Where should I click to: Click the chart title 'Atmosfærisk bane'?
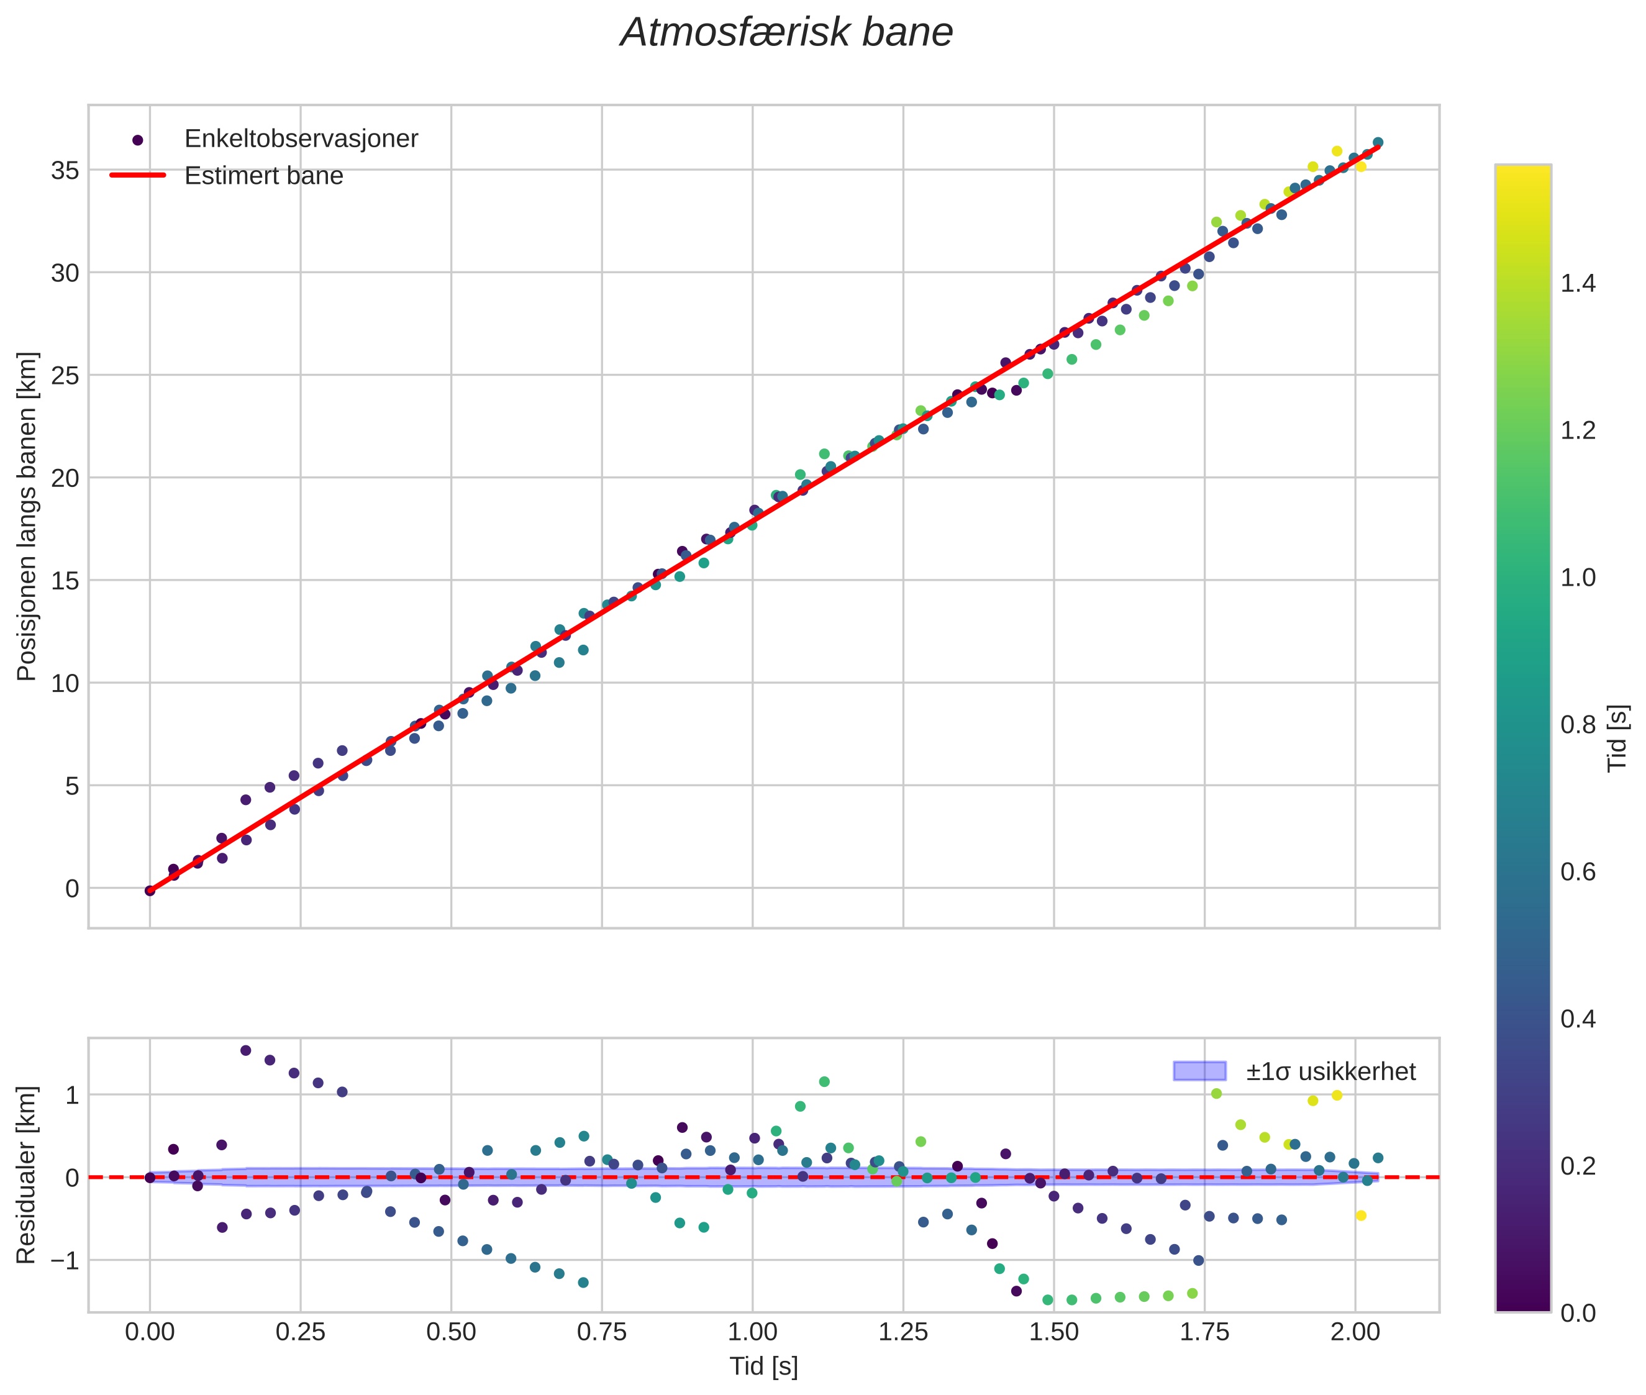point(786,33)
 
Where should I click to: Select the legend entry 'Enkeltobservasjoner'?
point(301,139)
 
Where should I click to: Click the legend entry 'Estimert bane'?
point(263,176)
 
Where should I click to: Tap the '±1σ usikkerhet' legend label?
point(1330,1071)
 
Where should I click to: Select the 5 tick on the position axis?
point(71,786)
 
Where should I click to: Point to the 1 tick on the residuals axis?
point(71,1095)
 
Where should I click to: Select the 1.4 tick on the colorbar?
point(1578,283)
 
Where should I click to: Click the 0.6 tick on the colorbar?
point(1578,872)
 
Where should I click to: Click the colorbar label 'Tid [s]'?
point(1618,738)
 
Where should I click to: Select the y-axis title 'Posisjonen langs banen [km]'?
point(26,516)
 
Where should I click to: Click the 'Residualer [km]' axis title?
point(26,1175)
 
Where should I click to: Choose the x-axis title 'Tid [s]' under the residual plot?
point(763,1366)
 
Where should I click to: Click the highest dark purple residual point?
point(245,1050)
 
